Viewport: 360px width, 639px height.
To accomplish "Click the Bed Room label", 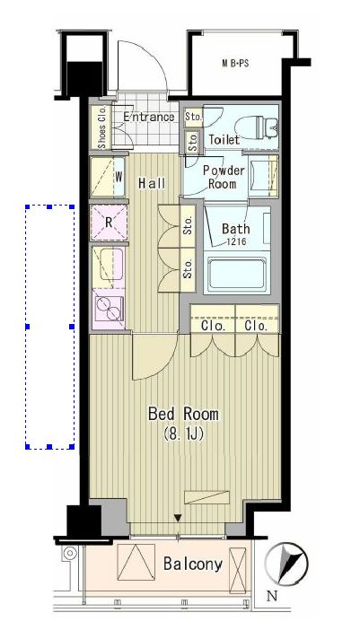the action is pyautogui.click(x=183, y=414).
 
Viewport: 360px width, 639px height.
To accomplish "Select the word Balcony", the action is pyautogui.click(x=193, y=565).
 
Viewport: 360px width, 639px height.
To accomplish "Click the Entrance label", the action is pyautogui.click(x=149, y=118).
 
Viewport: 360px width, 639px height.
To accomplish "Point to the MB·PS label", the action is pyautogui.click(x=235, y=64).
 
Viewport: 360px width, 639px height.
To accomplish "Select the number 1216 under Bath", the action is pyautogui.click(x=236, y=241).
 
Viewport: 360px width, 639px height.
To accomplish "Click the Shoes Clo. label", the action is pyautogui.click(x=102, y=127).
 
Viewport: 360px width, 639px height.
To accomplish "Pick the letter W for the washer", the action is pyautogui.click(x=119, y=177).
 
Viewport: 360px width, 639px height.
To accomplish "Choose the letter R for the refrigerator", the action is pyautogui.click(x=109, y=223).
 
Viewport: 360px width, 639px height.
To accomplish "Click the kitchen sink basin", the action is pyautogui.click(x=111, y=264).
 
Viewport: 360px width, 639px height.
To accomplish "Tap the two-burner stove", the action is pyautogui.click(x=110, y=308).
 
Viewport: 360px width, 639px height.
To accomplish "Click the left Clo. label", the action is pyautogui.click(x=213, y=326).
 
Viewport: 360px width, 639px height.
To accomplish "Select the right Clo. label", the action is pyautogui.click(x=257, y=326).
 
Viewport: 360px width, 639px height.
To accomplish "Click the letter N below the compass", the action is pyautogui.click(x=271, y=596).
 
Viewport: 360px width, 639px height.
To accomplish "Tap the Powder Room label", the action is pyautogui.click(x=224, y=177).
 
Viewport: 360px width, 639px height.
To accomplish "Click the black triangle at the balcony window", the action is pyautogui.click(x=178, y=518).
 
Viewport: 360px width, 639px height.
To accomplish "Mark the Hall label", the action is pyautogui.click(x=152, y=183).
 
